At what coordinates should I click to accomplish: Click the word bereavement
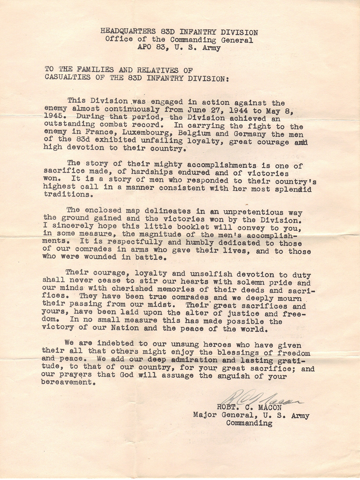67,382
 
